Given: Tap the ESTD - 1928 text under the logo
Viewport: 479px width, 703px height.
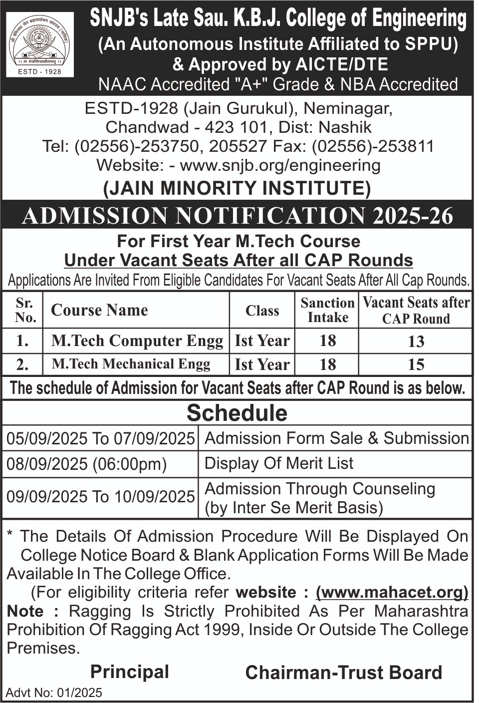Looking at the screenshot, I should pyautogui.click(x=40, y=71).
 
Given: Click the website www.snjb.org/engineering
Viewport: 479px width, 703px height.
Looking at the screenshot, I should pyautogui.click(x=280, y=165).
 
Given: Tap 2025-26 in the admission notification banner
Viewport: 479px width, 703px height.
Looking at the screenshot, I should pyautogui.click(x=412, y=216).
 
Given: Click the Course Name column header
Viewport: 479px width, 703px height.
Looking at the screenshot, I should pyautogui.click(x=99, y=310).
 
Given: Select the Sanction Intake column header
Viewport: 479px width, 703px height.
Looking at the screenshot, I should pyautogui.click(x=327, y=310).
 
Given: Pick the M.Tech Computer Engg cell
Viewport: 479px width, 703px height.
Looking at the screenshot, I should pyautogui.click(x=137, y=341).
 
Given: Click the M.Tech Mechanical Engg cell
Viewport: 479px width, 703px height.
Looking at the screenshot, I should pyautogui.click(x=131, y=364).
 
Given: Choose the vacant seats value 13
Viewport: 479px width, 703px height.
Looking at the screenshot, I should pyautogui.click(x=416, y=342).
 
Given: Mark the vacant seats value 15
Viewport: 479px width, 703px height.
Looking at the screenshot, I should pyautogui.click(x=416, y=364).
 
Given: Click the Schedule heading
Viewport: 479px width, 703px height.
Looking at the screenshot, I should pyautogui.click(x=237, y=413).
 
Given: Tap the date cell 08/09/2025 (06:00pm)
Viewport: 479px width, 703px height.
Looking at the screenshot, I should pyautogui.click(x=86, y=464).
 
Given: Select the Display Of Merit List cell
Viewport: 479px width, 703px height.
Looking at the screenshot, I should pyautogui.click(x=279, y=463).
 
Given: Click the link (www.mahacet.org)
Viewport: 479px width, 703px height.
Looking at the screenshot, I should pyautogui.click(x=392, y=592).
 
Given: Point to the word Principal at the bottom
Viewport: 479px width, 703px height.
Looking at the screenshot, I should pyautogui.click(x=130, y=672).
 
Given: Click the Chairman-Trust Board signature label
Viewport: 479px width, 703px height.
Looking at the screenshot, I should pyautogui.click(x=344, y=673).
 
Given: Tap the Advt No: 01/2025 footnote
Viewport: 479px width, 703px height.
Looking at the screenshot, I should pyautogui.click(x=54, y=693).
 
